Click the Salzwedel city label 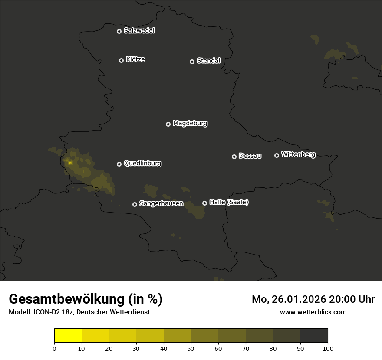[139, 31]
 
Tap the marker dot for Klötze [121, 60]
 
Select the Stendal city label [208, 61]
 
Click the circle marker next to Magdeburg [168, 124]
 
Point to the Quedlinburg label [142, 164]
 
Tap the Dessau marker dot [234, 157]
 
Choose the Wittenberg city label [298, 154]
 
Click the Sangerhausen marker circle [135, 204]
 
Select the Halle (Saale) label [229, 202]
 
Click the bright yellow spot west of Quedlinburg [70, 163]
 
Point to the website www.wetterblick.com [313, 312]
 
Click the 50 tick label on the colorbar [191, 348]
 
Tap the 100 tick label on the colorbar [328, 348]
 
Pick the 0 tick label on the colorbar [54, 348]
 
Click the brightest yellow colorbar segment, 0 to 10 [68, 336]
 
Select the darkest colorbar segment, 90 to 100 [314, 336]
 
